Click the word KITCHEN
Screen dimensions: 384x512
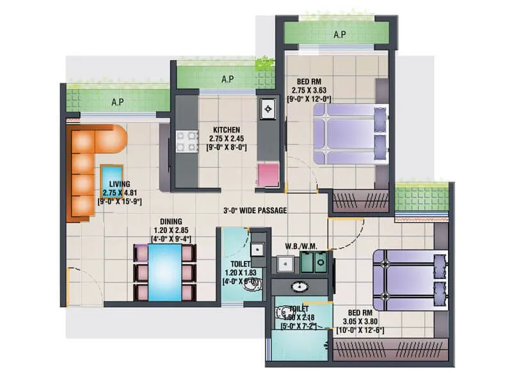pyautogui.click(x=226, y=130)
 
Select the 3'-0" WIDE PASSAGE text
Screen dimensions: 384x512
pyautogui.click(x=255, y=210)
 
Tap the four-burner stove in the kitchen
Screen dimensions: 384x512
pyautogui.click(x=185, y=141)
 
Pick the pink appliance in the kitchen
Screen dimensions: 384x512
pyautogui.click(x=268, y=175)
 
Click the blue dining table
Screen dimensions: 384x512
pyautogui.click(x=164, y=272)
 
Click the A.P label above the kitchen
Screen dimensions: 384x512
pyautogui.click(x=227, y=80)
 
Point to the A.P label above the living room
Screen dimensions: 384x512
pyautogui.click(x=117, y=102)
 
